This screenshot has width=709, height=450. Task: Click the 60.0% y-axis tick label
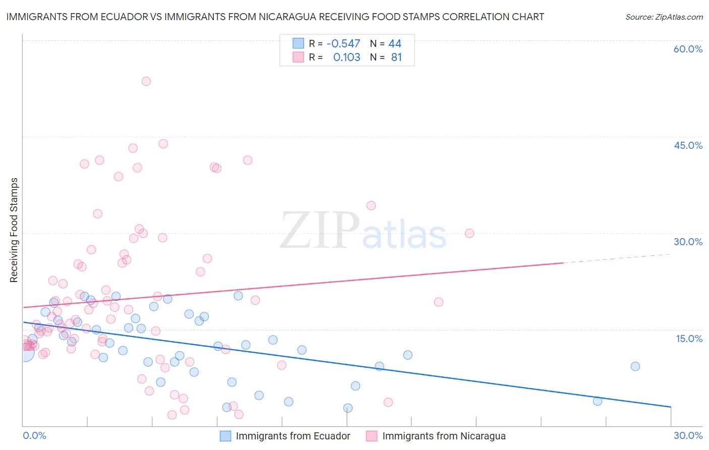tap(688, 49)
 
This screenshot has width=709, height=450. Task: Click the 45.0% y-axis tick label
tap(688, 145)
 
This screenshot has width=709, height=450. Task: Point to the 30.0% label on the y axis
tap(688, 242)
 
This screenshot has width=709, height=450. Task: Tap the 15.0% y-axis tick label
tap(689, 339)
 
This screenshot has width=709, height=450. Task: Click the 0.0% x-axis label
tap(34, 435)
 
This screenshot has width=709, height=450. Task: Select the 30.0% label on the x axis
tap(688, 435)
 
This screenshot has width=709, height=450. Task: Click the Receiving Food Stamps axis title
tap(14, 230)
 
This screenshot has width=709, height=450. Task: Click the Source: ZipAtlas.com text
tap(664, 17)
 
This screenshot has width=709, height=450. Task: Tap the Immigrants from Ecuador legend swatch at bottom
tap(225, 436)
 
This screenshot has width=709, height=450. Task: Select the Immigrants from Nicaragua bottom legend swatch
tap(372, 436)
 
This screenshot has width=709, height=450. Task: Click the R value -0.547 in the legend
tap(343, 44)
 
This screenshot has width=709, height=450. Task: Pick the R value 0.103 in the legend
tap(347, 58)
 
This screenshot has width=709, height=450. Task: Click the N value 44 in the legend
tap(395, 44)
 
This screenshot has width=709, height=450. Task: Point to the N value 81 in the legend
tap(396, 58)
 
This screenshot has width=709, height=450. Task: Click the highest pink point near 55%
tap(146, 81)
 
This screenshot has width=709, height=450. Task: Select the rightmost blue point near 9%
tap(635, 366)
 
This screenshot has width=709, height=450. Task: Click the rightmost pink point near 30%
tap(469, 233)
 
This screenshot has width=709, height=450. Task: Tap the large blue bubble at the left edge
tap(24, 353)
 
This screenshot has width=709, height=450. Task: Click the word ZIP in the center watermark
tap(319, 232)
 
